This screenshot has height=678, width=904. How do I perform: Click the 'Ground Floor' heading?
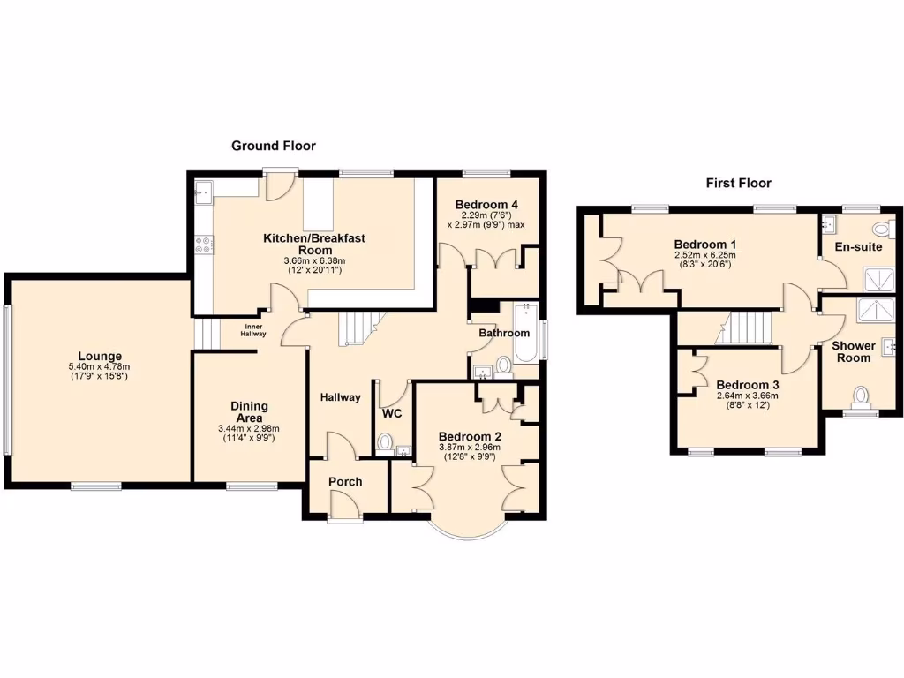[x=273, y=146]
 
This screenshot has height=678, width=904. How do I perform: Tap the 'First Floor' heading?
[x=738, y=183]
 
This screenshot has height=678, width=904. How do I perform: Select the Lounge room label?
[x=99, y=356]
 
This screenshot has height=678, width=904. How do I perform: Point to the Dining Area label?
[x=249, y=412]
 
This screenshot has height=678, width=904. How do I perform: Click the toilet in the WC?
[x=385, y=441]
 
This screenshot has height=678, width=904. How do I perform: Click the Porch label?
[x=345, y=482]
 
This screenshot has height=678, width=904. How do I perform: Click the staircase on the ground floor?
[x=359, y=328]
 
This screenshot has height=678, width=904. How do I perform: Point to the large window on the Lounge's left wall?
[x=7, y=380]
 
